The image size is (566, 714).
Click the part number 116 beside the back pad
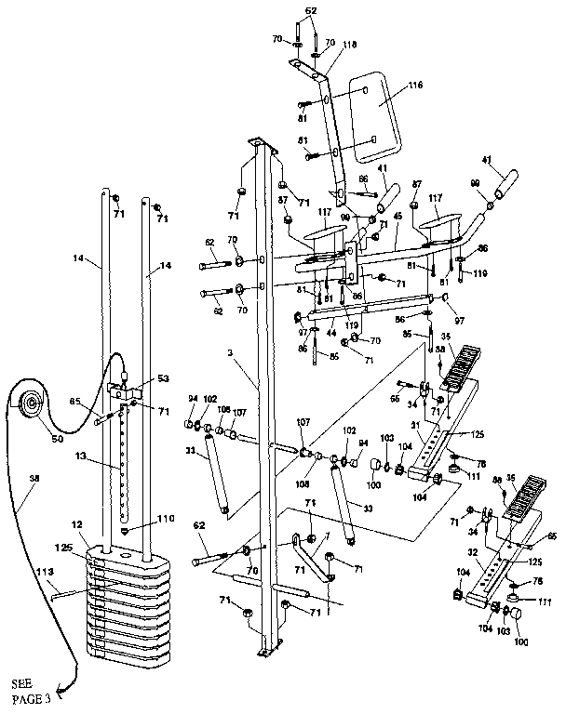415,86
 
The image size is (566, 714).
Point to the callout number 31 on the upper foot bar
416,429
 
